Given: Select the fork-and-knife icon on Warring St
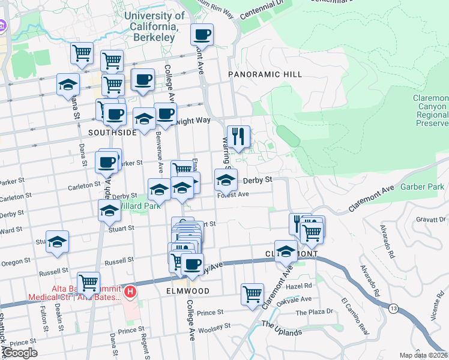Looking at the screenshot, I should (x=239, y=137).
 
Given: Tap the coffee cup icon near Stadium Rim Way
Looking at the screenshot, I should (x=202, y=36).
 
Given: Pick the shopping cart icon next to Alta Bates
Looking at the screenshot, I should (x=88, y=282).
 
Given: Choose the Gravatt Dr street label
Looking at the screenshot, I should (x=430, y=219).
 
